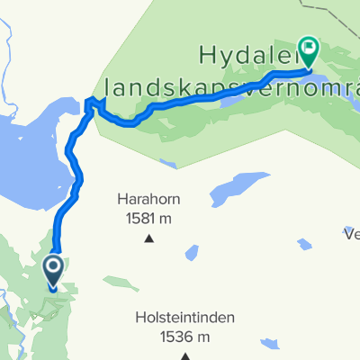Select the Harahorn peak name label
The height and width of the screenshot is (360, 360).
coord(148,199)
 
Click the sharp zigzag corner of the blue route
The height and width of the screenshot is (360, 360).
coord(89,102)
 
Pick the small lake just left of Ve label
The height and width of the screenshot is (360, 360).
coord(306,244)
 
